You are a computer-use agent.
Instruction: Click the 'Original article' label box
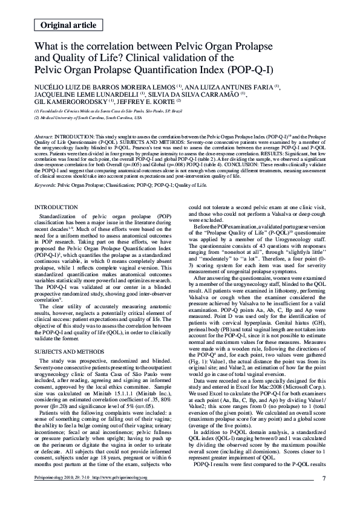[x=68, y=24]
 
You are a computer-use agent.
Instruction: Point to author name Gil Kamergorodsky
[x=71, y=102]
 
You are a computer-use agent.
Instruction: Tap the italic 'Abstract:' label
[x=44, y=138]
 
